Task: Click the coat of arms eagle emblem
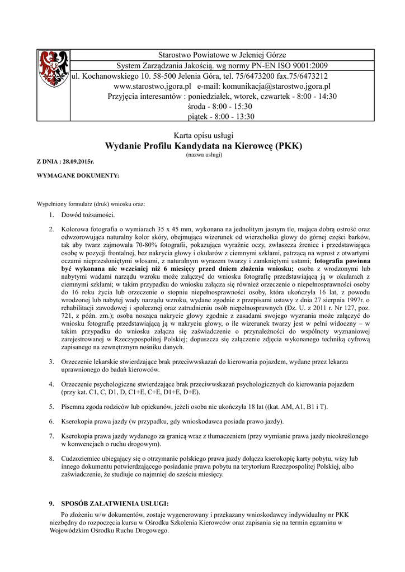pyautogui.click(x=53, y=68)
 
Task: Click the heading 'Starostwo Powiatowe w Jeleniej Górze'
pyautogui.click(x=222, y=55)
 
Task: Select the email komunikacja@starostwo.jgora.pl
pyautogui.click(x=276, y=87)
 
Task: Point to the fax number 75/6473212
pyautogui.click(x=306, y=76)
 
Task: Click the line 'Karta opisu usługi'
pyautogui.click(x=204, y=136)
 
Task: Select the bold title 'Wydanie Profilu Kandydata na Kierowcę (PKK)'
pyautogui.click(x=204, y=146)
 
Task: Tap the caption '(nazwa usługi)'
pyautogui.click(x=204, y=155)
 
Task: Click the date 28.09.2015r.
pyautogui.click(x=79, y=161)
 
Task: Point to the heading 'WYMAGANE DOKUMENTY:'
pyautogui.click(x=78, y=175)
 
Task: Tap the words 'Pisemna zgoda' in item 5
pyautogui.click(x=82, y=406)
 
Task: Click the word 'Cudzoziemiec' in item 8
pyautogui.click(x=82, y=459)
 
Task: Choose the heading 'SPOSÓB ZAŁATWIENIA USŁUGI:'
pyautogui.click(x=114, y=503)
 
